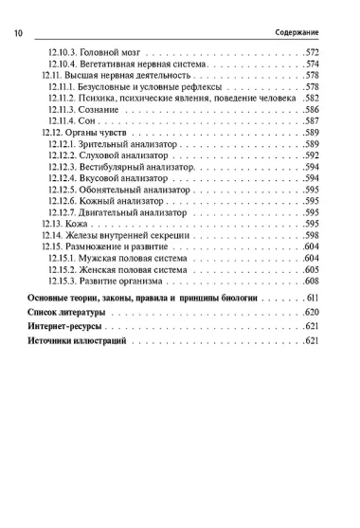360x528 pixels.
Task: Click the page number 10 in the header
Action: tap(19, 32)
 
